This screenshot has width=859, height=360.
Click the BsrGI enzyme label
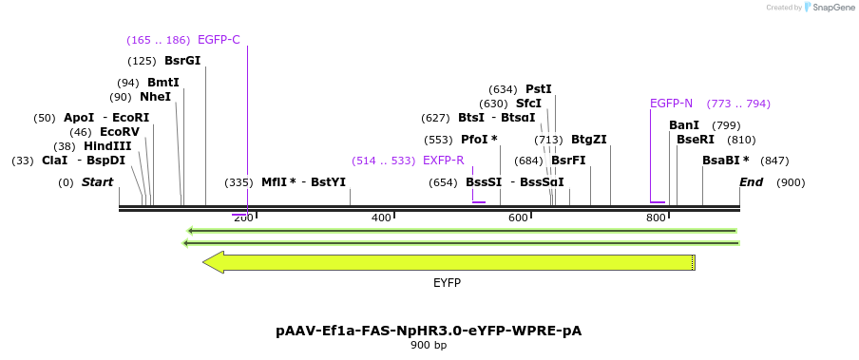[182, 61]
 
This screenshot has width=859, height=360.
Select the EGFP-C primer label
[219, 40]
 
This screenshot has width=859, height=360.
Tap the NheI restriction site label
[155, 97]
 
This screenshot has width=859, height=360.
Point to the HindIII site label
[107, 146]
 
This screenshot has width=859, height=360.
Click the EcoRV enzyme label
[120, 132]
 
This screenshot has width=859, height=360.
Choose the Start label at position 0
[97, 182]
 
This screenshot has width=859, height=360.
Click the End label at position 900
[751, 182]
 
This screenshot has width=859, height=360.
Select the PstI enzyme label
[538, 89]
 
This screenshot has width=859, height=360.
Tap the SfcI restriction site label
[528, 104]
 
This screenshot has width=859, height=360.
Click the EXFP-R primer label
[443, 161]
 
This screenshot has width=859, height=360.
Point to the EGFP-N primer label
[671, 104]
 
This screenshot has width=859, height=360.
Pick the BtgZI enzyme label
[588, 140]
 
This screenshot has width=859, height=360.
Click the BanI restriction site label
[684, 125]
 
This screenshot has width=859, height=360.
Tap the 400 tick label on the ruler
[381, 218]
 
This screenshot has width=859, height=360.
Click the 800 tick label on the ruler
[656, 218]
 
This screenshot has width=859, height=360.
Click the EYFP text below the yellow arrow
[447, 283]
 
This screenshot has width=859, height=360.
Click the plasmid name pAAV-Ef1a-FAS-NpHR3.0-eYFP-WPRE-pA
[429, 331]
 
